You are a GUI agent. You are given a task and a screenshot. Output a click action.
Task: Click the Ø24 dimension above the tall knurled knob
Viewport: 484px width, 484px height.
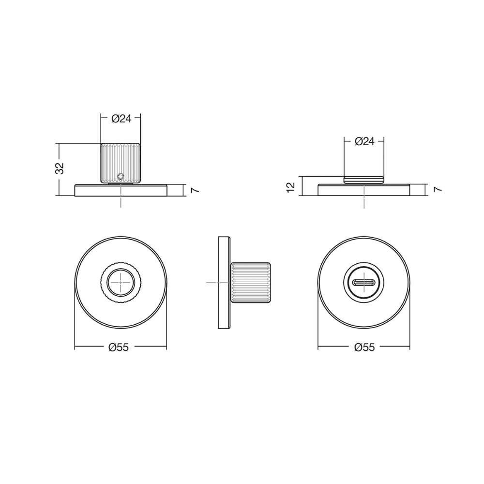(121, 119)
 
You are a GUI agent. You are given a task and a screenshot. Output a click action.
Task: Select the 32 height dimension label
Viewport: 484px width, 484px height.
(60, 168)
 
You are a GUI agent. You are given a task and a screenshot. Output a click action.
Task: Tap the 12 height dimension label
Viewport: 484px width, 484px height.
(291, 187)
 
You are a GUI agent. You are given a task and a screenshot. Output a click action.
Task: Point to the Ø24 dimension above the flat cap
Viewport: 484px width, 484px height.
(364, 142)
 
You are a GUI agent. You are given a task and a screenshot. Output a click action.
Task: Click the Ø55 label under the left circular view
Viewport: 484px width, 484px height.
(119, 347)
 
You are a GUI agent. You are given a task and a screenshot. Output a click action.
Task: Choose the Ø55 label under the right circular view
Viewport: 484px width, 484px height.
(364, 347)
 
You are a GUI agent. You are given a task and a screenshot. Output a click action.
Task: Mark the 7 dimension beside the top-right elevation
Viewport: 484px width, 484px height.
(438, 189)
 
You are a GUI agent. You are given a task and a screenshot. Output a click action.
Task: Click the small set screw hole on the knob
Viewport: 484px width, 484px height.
(121, 176)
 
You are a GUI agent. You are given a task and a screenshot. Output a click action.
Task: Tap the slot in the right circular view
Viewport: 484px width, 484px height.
(364, 283)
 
